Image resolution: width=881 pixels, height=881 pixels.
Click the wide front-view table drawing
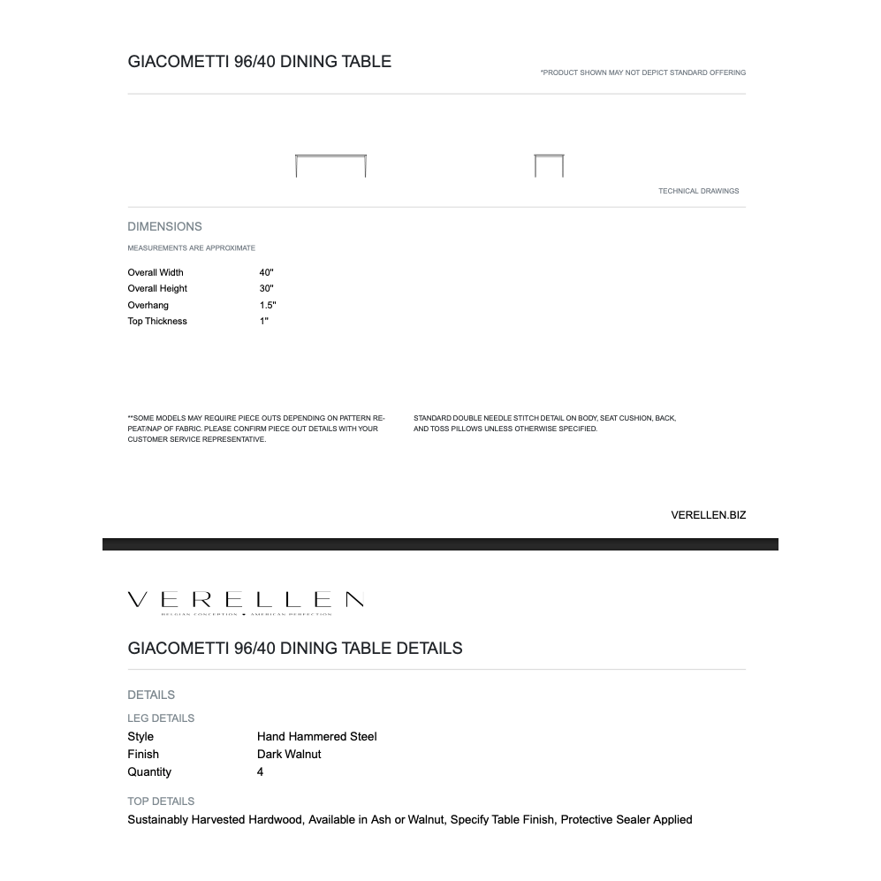tap(330, 164)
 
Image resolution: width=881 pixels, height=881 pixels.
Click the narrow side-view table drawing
tap(549, 164)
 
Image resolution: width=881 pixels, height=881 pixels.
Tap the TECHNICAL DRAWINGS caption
tap(698, 191)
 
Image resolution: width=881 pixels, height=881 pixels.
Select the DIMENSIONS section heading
tap(164, 226)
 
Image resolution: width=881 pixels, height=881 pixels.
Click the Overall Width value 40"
tap(267, 272)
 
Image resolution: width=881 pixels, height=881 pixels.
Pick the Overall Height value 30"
tap(267, 288)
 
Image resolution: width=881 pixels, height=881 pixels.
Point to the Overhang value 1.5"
tap(268, 305)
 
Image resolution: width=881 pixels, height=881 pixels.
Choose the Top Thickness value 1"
tap(264, 321)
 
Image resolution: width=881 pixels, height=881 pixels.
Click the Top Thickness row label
tap(157, 321)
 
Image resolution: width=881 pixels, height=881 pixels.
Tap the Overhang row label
tap(148, 305)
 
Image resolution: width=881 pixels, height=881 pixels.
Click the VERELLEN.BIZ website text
tap(708, 515)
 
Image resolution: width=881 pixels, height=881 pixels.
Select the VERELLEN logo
tap(246, 601)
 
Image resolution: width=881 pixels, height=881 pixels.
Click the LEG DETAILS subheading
tap(161, 718)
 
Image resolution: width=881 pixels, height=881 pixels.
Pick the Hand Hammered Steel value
tap(317, 736)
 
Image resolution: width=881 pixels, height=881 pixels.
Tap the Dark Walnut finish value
tap(289, 754)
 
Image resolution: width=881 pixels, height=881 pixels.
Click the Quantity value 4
tap(261, 771)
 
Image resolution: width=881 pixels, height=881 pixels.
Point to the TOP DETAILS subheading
tap(161, 801)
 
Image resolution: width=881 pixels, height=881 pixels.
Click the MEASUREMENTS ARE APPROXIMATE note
tap(191, 248)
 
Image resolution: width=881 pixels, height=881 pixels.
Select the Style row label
tap(141, 736)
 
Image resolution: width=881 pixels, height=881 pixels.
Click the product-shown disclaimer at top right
tap(642, 72)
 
